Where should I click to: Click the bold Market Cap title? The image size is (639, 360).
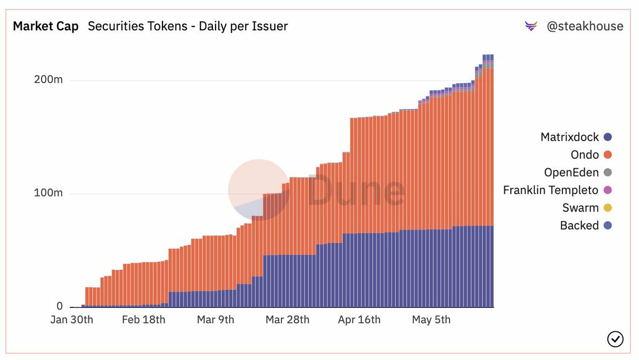click(x=46, y=26)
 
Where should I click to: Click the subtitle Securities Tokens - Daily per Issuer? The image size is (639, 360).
click(x=187, y=26)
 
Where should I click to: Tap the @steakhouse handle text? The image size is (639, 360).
click(x=585, y=26)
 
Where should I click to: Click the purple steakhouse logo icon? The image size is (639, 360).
click(x=531, y=26)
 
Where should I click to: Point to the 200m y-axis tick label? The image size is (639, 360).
click(x=48, y=80)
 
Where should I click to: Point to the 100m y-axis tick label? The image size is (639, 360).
click(x=48, y=193)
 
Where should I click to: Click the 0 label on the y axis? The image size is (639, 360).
click(x=60, y=306)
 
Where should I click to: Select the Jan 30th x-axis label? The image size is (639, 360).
click(x=72, y=320)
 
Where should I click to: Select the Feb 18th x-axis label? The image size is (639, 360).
click(x=143, y=320)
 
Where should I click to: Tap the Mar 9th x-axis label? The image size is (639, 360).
click(x=215, y=320)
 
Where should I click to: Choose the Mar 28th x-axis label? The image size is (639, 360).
click(x=287, y=320)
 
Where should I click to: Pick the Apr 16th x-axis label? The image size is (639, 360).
click(x=359, y=320)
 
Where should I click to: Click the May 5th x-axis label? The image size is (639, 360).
click(x=431, y=320)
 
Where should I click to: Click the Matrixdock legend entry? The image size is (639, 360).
click(x=570, y=137)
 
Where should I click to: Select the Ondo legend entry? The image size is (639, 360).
click(x=585, y=154)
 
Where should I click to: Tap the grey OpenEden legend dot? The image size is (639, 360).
click(x=608, y=173)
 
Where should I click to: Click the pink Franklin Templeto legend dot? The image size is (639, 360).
click(x=608, y=190)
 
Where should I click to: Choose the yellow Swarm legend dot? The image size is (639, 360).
click(x=608, y=208)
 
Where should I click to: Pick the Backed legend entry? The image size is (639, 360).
click(x=579, y=225)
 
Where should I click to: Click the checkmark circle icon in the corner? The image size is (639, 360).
click(x=615, y=339)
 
